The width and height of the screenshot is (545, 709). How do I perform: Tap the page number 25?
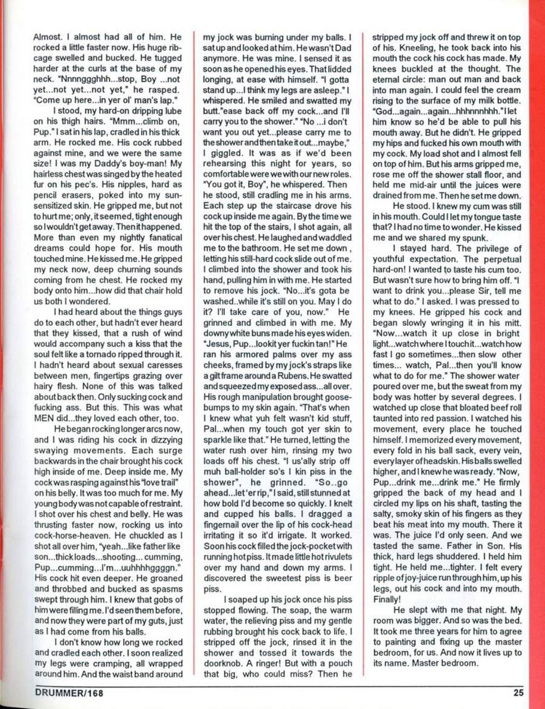(518, 693)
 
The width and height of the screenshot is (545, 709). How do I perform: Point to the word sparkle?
(222, 429)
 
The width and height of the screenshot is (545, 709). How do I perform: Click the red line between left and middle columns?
(192, 354)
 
